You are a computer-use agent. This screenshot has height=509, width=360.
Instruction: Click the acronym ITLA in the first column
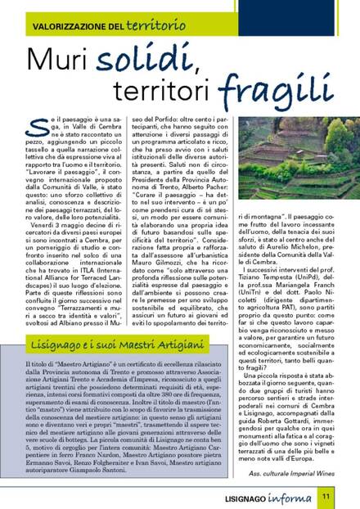pyautogui.click(x=84, y=233)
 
